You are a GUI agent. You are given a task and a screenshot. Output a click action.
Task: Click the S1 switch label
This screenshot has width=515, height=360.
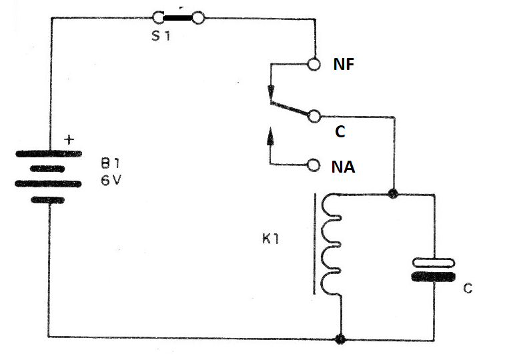(161, 35)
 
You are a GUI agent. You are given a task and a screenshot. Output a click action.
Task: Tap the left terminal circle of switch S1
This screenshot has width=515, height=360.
(158, 18)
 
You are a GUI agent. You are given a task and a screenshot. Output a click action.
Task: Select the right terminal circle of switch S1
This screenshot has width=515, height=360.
(198, 18)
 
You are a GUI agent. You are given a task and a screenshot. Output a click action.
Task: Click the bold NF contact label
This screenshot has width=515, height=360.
(344, 64)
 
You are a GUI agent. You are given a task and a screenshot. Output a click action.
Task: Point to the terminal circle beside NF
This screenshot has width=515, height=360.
(314, 64)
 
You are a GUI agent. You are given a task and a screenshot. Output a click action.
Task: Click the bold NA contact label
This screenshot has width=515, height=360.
(344, 167)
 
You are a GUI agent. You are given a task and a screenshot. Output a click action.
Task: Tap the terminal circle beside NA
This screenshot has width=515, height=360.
(314, 165)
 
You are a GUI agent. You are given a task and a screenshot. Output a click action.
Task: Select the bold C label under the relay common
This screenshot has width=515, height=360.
(340, 131)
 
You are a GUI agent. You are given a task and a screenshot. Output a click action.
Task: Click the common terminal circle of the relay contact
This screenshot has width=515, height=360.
(314, 117)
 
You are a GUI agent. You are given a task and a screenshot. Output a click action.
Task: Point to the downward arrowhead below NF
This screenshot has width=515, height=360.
(271, 91)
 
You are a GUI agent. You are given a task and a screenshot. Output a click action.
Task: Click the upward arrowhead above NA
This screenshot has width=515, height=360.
(270, 136)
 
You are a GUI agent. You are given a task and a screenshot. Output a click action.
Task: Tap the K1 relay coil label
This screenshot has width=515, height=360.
(271, 239)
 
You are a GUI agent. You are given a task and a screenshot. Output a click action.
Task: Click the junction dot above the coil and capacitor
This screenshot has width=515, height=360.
(392, 194)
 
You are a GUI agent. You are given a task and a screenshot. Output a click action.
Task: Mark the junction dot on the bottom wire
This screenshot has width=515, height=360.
(341, 339)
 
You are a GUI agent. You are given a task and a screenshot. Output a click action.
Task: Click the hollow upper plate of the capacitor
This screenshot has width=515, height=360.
(434, 263)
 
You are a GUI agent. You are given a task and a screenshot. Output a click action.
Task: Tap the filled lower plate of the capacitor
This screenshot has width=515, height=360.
(434, 277)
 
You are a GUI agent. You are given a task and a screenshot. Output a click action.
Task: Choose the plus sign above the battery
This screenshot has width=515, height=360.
(69, 140)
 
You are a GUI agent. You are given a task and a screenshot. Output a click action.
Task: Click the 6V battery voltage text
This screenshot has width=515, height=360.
(111, 180)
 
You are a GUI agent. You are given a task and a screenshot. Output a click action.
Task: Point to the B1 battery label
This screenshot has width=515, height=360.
(110, 163)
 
